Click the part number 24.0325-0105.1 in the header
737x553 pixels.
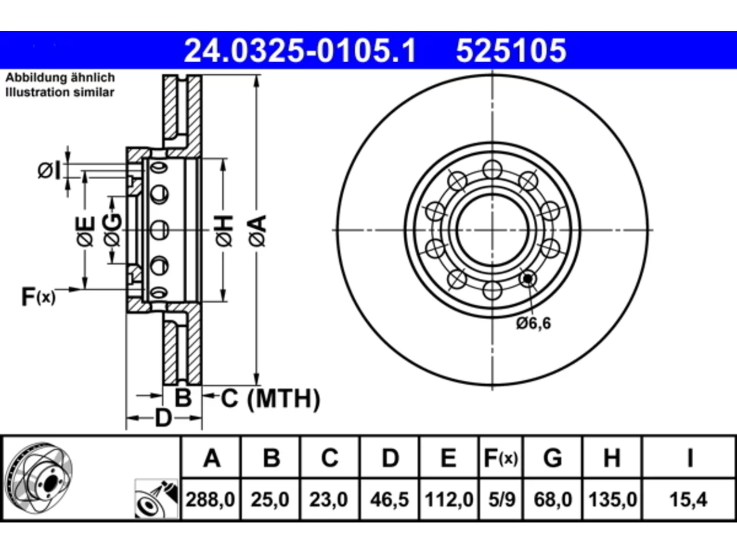tap(300, 50)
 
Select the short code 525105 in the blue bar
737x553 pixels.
tap(511, 50)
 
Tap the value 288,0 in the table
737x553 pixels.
tap(210, 499)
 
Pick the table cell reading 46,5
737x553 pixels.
tap(389, 499)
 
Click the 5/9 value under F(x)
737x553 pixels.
tap(502, 499)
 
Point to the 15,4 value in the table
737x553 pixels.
tap(688, 499)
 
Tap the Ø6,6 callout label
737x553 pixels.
tap(533, 323)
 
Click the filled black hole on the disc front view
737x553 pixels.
tap(528, 278)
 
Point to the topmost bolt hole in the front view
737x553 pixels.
tap(492, 169)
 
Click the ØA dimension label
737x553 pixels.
tap(257, 232)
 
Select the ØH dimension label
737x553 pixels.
tap(225, 232)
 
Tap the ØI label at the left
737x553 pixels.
tap(49, 171)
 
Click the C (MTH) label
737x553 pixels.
tap(271, 399)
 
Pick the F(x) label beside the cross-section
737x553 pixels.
tap(38, 297)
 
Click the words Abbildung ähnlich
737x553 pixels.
tap(60, 78)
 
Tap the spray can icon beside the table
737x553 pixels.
tap(156, 499)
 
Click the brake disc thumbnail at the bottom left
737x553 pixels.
tap(39, 478)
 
